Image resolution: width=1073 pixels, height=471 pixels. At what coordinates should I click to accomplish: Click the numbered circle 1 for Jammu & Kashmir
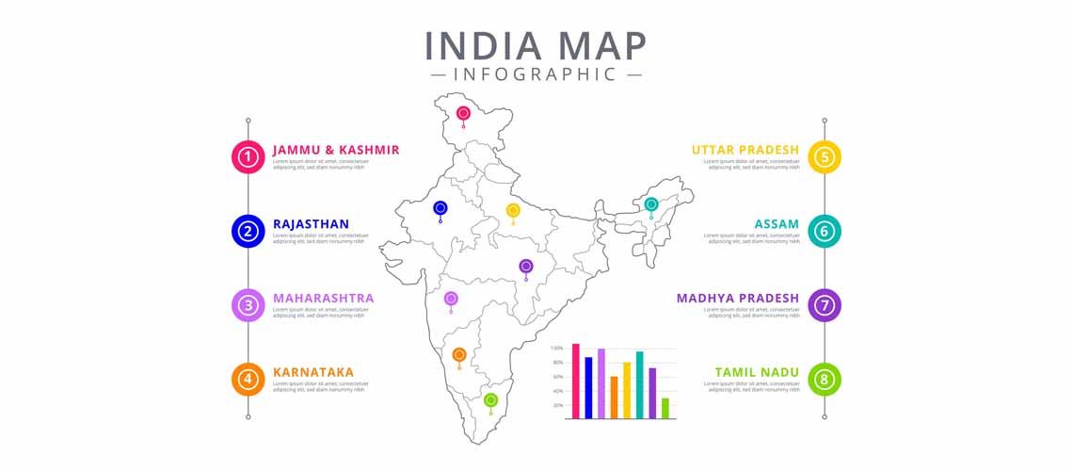pyautogui.click(x=248, y=156)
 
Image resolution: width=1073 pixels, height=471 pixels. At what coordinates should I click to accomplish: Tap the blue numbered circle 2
pyautogui.click(x=248, y=231)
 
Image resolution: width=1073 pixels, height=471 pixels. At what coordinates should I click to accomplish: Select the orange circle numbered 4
pyautogui.click(x=248, y=379)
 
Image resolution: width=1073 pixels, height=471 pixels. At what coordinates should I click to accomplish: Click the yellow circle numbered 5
pyautogui.click(x=825, y=156)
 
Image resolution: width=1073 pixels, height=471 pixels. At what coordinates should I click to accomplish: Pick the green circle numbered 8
pyautogui.click(x=825, y=379)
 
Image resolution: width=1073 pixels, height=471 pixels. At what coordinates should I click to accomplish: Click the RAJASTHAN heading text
pyautogui.click(x=311, y=224)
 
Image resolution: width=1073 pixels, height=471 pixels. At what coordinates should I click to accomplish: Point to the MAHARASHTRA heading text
pyautogui.click(x=323, y=299)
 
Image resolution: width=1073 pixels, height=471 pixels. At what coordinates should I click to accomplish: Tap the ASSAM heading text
pyautogui.click(x=777, y=224)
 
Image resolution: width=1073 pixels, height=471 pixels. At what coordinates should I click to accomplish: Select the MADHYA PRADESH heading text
pyautogui.click(x=738, y=299)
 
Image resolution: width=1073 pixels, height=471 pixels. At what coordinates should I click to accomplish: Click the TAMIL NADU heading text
pyautogui.click(x=757, y=372)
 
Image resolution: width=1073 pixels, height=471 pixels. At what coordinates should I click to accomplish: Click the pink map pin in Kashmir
pyautogui.click(x=463, y=114)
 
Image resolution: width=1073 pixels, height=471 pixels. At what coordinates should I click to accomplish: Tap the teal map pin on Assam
pyautogui.click(x=650, y=204)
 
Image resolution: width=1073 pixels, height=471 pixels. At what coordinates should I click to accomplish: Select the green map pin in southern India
pyautogui.click(x=490, y=400)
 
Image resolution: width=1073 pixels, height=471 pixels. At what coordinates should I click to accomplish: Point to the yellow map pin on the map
pyautogui.click(x=513, y=210)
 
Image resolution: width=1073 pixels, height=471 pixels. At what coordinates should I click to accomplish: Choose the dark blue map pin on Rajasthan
pyautogui.click(x=440, y=208)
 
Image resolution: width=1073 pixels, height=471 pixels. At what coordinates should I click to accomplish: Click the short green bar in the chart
pyautogui.click(x=665, y=408)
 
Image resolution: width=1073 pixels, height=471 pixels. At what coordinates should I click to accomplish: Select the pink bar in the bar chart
pyautogui.click(x=576, y=381)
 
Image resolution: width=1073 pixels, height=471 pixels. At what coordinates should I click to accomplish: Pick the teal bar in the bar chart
pyautogui.click(x=639, y=384)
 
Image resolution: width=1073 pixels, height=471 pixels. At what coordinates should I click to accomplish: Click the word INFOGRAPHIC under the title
pyautogui.click(x=536, y=73)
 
